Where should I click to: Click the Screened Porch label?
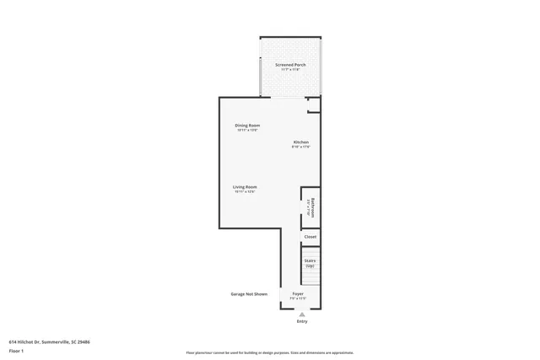pos(290,65)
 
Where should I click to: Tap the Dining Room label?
pos(247,126)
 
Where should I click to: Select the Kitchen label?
pos(301,142)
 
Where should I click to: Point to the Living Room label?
pos(245,186)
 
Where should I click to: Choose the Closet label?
pos(310,237)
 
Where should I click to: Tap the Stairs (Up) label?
pos(310,263)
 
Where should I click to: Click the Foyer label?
pos(298,294)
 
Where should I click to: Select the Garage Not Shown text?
pos(249,294)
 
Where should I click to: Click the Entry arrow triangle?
pos(302,314)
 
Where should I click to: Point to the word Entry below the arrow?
pos(302,322)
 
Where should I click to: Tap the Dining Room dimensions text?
pos(247,131)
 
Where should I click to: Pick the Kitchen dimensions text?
pos(301,147)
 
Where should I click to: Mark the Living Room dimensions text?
pos(245,192)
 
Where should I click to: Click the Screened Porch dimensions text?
pos(290,70)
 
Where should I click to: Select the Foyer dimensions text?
pos(298,299)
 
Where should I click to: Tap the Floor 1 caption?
pos(17,350)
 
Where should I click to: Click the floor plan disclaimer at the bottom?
pos(270,352)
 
